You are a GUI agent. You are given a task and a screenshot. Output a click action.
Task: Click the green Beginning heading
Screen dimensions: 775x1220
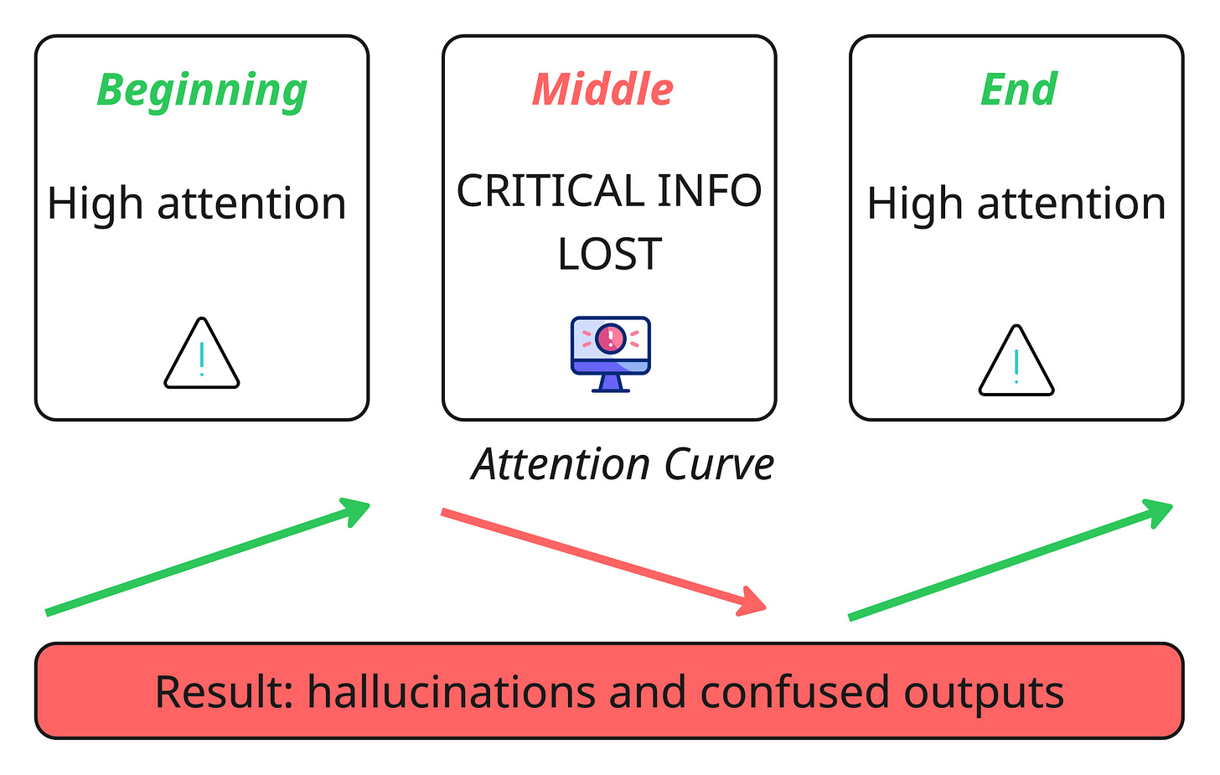202,90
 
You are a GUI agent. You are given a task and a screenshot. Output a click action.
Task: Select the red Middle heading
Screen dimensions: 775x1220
602,90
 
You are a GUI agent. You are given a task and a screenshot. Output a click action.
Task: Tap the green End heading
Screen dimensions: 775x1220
1019,90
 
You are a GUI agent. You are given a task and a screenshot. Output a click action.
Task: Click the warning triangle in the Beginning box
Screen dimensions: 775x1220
202,355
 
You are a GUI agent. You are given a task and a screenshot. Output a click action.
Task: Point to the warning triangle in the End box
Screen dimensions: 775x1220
1016,362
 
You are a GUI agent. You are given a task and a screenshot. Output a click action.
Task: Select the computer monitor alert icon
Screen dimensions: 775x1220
611,354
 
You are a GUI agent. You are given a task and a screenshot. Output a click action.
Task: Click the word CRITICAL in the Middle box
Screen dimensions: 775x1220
549,191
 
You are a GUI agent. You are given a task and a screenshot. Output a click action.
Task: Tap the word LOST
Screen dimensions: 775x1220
610,254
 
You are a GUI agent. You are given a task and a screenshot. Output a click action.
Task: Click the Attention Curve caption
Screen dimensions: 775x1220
623,465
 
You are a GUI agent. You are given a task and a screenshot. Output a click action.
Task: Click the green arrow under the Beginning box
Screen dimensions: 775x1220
208,557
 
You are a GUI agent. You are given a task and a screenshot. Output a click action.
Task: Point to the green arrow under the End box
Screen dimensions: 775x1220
1011,559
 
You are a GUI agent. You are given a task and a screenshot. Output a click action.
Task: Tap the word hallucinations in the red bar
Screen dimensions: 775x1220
452,692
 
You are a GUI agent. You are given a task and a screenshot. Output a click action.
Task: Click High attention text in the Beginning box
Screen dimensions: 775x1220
197,204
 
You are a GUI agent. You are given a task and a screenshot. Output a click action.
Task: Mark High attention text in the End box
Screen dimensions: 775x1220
1016,204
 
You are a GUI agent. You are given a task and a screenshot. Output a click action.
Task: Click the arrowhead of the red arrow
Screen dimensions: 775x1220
753,602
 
